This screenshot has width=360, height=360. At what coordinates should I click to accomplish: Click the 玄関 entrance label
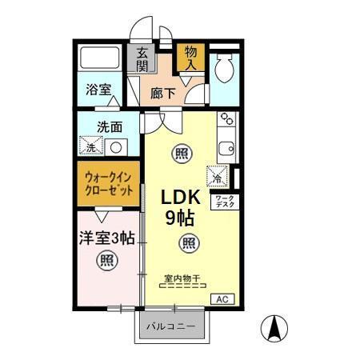[142, 60]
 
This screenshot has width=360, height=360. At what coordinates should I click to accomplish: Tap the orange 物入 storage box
[190, 58]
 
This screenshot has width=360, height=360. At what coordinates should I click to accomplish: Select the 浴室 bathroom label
[98, 90]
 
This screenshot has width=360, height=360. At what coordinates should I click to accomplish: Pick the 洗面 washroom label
[110, 126]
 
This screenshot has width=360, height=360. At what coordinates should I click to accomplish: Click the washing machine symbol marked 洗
[92, 146]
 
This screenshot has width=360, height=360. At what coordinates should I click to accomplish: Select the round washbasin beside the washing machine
[117, 147]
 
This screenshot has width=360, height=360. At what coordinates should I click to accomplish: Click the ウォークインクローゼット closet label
[109, 183]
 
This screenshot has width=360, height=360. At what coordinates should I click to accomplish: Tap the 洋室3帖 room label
[106, 237]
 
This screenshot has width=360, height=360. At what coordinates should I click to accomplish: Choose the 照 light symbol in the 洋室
[106, 259]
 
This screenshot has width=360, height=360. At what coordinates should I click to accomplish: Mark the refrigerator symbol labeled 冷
[218, 175]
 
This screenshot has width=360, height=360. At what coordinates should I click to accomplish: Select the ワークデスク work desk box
[224, 202]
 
